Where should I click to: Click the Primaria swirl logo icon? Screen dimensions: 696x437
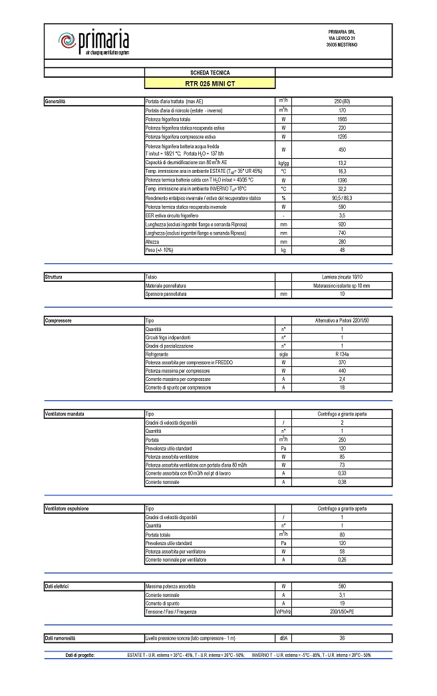pos(68,42)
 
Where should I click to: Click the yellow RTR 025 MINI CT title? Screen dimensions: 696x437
pos(210,84)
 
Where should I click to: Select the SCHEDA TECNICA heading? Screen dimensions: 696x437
pos(210,72)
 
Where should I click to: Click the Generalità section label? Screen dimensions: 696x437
pos(55,101)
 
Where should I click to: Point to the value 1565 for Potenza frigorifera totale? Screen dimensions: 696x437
pos(343,119)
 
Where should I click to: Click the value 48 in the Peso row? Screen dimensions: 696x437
pos(343,251)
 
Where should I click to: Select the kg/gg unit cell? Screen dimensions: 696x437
pos(283,163)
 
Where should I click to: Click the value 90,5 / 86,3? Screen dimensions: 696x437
pos(343,198)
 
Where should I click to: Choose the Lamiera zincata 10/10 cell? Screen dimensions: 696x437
pos(343,276)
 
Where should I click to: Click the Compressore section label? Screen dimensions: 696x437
pos(58,320)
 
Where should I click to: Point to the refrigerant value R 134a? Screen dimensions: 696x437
pos(343,354)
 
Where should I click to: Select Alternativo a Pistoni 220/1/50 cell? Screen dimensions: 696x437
pos(343,320)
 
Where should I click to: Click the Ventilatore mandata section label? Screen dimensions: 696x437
pos(65,414)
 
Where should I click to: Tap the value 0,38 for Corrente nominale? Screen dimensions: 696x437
pos(343,481)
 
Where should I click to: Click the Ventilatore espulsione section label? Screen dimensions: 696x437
pos(67,509)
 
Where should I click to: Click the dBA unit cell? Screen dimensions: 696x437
pos(283,638)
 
